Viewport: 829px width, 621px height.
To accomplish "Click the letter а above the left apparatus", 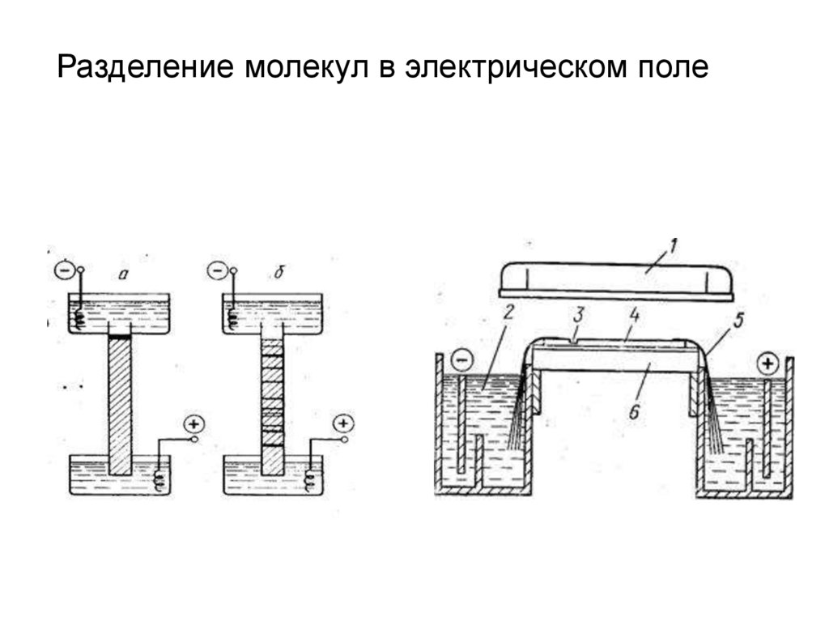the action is coord(122,274).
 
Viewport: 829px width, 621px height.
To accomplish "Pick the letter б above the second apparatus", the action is coord(278,274).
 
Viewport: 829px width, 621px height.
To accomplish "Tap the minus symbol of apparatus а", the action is coord(62,270).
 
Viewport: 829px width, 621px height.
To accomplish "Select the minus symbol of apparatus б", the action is coord(217,270).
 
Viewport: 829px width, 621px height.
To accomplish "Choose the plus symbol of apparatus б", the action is coord(344,423).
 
